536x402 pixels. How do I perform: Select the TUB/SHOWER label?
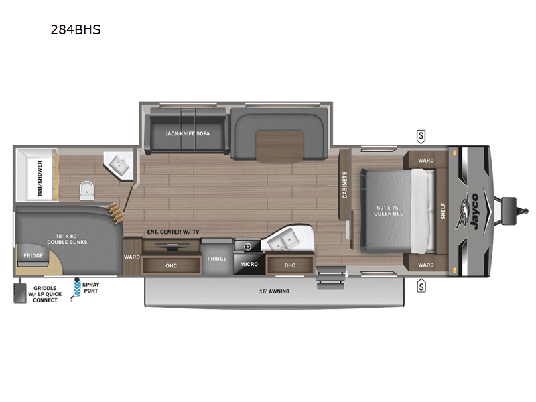[40, 179]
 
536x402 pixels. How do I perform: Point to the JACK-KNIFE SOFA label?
[188, 133]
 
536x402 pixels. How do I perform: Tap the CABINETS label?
[345, 186]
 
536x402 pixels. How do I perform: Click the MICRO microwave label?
[249, 265]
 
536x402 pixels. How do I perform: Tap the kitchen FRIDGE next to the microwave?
[216, 259]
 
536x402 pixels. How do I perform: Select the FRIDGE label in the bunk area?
[33, 255]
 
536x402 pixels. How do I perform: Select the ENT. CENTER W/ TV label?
[173, 232]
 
